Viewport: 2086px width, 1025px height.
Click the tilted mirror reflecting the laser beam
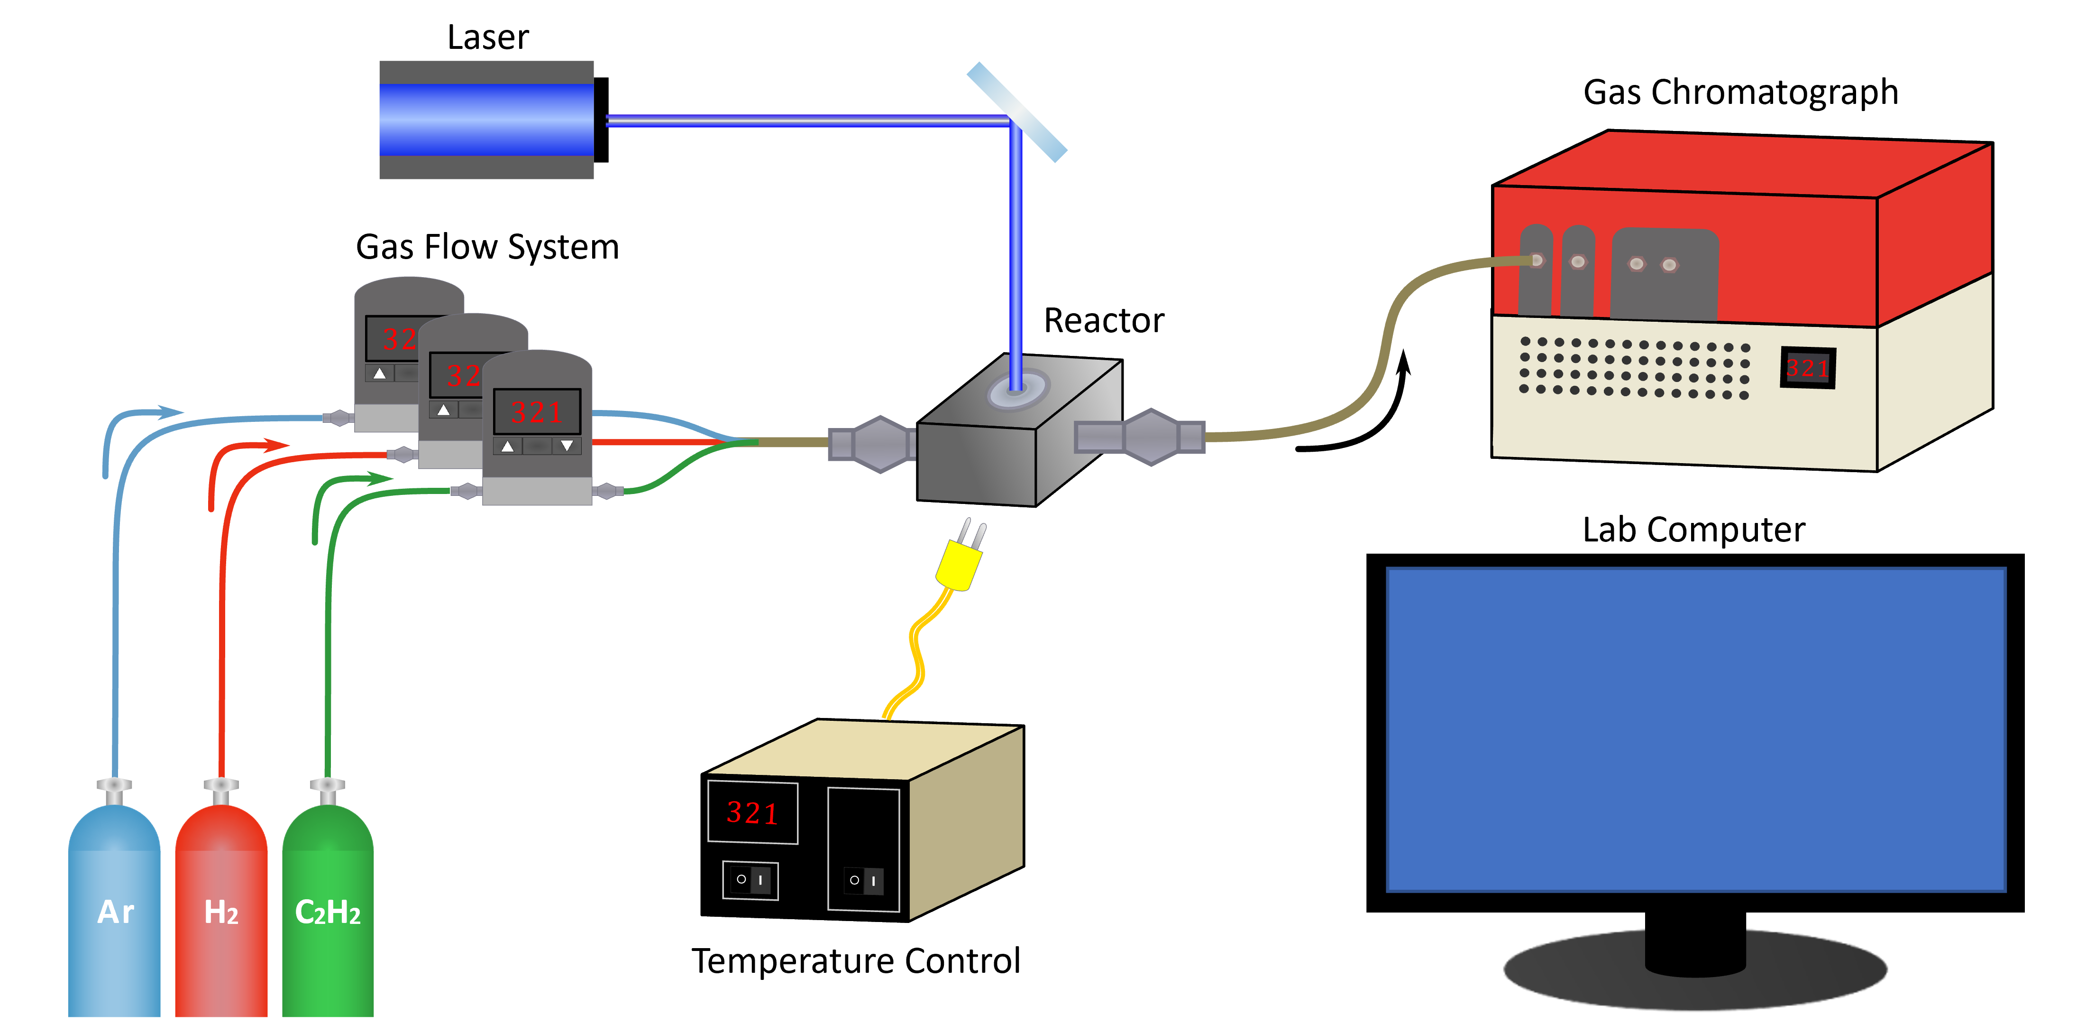tap(1017, 112)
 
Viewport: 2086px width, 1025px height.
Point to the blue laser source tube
tap(486, 120)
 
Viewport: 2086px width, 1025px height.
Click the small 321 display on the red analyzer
tap(1807, 368)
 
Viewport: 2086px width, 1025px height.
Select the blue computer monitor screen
tap(1696, 729)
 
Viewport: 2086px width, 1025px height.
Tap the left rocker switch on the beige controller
tap(750, 880)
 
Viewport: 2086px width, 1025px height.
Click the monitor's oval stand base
tap(1696, 972)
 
